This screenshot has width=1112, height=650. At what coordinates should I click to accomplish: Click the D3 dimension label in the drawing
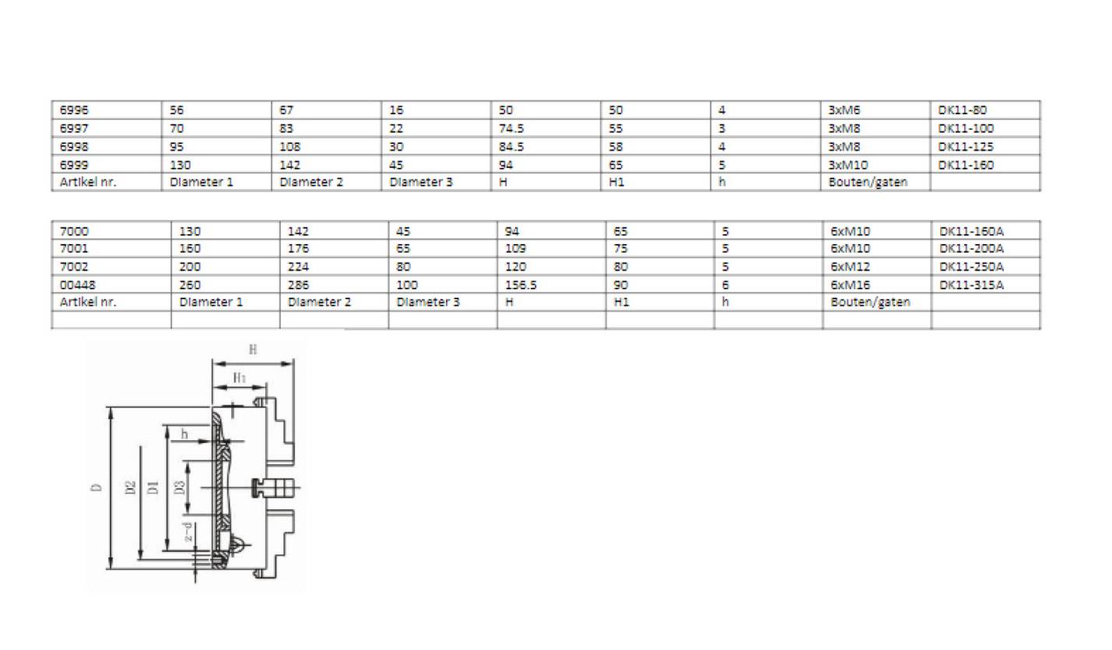(180, 487)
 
